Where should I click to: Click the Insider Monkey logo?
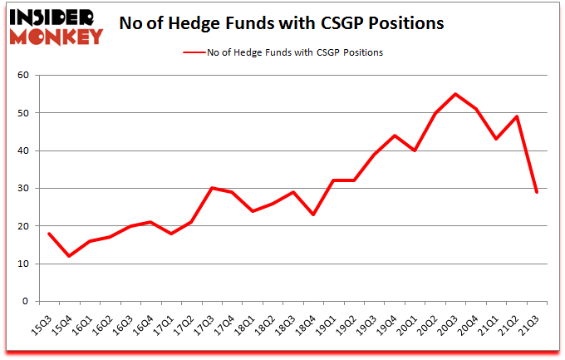56,25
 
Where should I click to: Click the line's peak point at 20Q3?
455,94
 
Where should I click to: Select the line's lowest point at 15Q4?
69,256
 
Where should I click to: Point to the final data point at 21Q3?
538,192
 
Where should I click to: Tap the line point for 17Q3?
213,188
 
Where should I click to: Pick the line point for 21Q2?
517,116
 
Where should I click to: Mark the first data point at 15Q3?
48,234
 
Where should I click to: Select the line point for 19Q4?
394,136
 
